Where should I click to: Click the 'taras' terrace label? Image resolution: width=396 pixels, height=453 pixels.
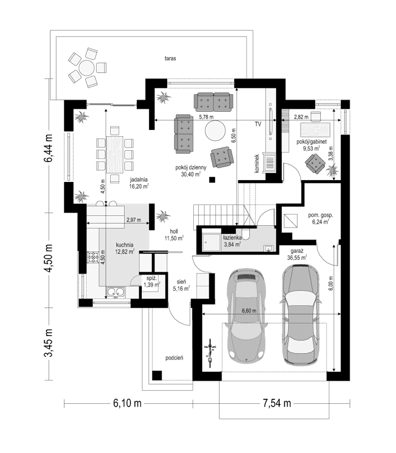(x=168, y=58)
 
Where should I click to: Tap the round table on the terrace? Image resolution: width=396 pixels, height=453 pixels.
(x=86, y=68)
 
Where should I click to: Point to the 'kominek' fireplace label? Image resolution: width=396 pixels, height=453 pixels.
(x=256, y=164)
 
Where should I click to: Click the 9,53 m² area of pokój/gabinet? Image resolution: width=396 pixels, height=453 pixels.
(x=311, y=149)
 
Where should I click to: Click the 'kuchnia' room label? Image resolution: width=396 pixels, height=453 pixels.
(x=124, y=245)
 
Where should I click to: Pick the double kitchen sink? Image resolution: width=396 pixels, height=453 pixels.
(x=116, y=292)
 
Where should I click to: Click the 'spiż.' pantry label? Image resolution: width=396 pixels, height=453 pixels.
(x=151, y=278)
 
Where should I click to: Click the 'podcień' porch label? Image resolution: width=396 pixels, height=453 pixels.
(x=173, y=358)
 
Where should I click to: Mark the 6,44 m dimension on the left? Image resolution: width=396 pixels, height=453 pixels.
(x=49, y=150)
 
